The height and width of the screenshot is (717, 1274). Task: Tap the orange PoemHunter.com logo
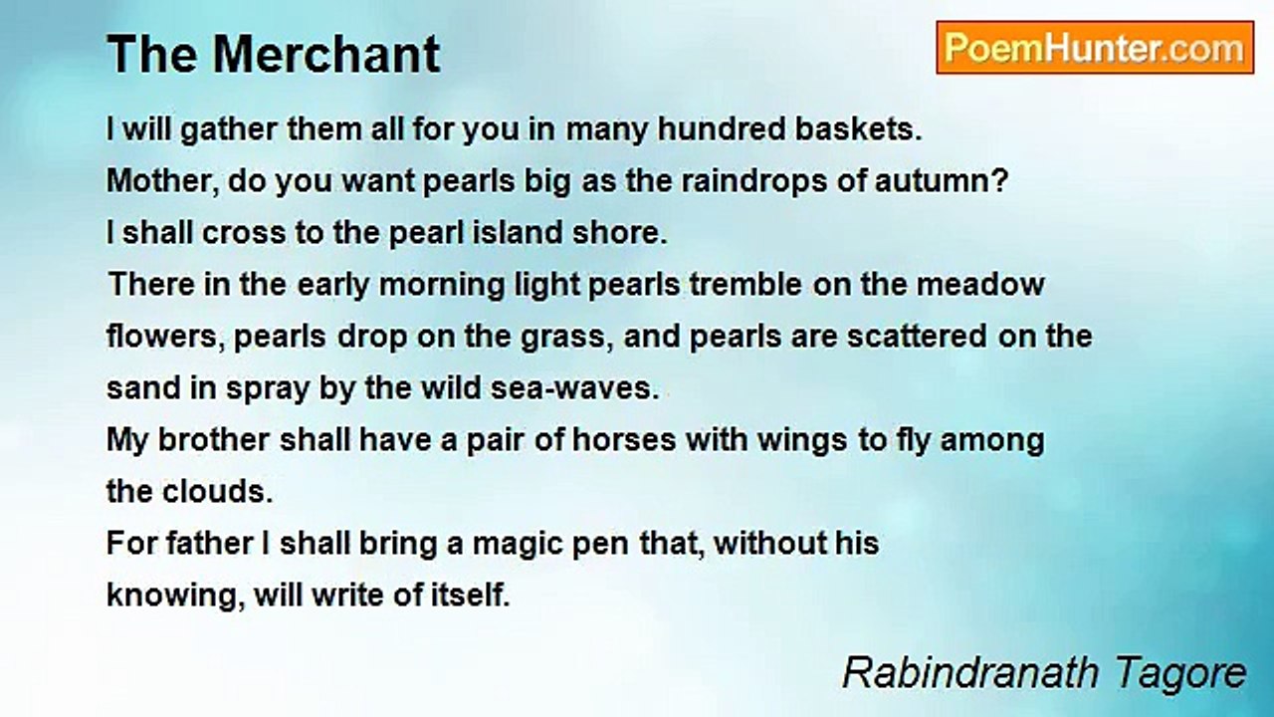[x=1094, y=48]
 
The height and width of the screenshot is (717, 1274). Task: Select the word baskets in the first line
[x=868, y=129]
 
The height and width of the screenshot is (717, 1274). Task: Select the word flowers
[x=165, y=337]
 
